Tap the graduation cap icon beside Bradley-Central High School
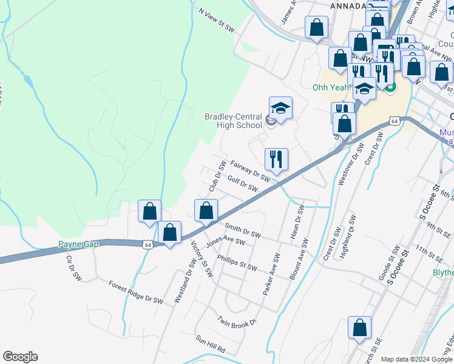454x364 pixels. [x=280, y=109]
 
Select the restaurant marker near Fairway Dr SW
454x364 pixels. [x=276, y=160]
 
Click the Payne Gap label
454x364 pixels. [x=78, y=244]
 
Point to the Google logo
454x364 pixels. [x=20, y=357]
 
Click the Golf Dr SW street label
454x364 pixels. [x=242, y=184]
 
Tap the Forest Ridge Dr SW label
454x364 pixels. [x=136, y=292]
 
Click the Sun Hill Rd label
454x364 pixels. [x=210, y=344]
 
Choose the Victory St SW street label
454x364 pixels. [x=203, y=260]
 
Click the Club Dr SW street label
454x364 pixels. [x=217, y=177]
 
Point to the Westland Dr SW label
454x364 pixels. [x=186, y=280]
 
